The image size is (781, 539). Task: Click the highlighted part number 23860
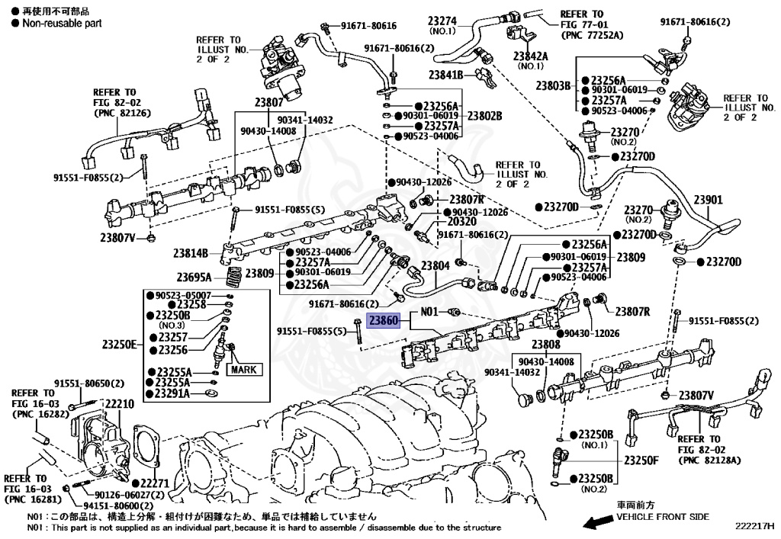(384, 322)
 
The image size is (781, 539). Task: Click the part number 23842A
(530, 56)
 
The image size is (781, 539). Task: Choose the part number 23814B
(190, 253)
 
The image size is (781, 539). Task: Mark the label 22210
(120, 404)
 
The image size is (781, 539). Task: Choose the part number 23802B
(484, 116)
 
